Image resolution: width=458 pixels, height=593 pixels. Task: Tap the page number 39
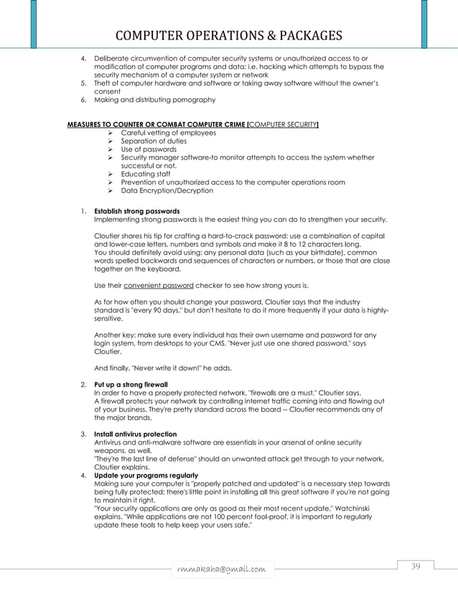pos(415,567)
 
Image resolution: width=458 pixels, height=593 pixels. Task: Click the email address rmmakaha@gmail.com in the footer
pos(224,569)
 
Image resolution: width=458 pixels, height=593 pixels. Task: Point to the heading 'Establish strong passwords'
pos(137,211)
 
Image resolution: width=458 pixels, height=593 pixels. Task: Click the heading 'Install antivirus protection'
pos(136,434)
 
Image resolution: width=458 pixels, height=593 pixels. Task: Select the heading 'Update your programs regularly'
pos(141,476)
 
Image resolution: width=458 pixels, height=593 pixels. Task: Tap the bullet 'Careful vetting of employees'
pos(168,133)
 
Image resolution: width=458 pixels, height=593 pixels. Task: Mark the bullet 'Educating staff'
pos(146,174)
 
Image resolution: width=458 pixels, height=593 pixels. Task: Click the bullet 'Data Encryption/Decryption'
pos(167,190)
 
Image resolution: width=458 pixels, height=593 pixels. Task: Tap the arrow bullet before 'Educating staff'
pos(111,174)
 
